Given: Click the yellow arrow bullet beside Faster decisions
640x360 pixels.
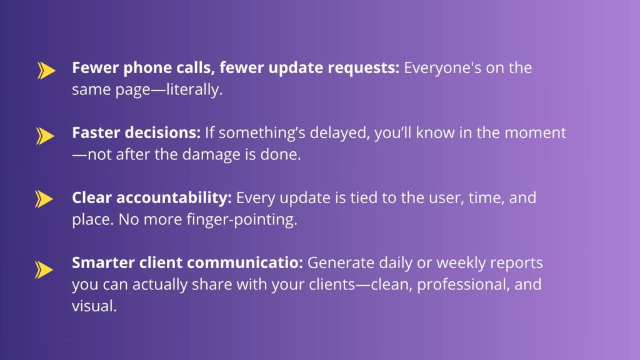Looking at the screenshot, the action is (x=45, y=136).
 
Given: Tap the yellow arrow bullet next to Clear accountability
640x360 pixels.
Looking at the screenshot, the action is (x=44, y=199).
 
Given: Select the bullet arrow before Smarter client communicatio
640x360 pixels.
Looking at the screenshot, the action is (x=44, y=270).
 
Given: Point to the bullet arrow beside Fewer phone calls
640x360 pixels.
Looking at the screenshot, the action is (x=46, y=70).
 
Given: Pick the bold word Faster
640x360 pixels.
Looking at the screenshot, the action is (x=96, y=132).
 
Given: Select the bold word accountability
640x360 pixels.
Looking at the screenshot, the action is (x=174, y=198).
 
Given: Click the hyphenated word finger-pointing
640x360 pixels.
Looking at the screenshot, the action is (x=242, y=219).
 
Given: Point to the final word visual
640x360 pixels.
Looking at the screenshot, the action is (x=94, y=306).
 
